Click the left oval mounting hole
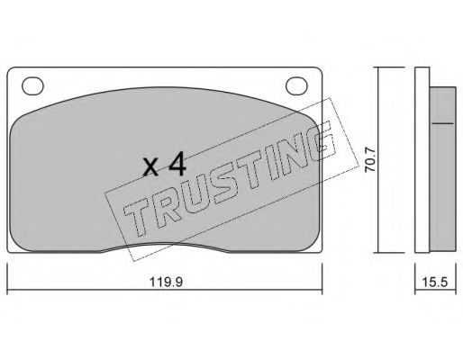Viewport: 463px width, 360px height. [33, 87]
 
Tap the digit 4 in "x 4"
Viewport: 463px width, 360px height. [177, 165]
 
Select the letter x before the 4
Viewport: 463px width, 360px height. [152, 167]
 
